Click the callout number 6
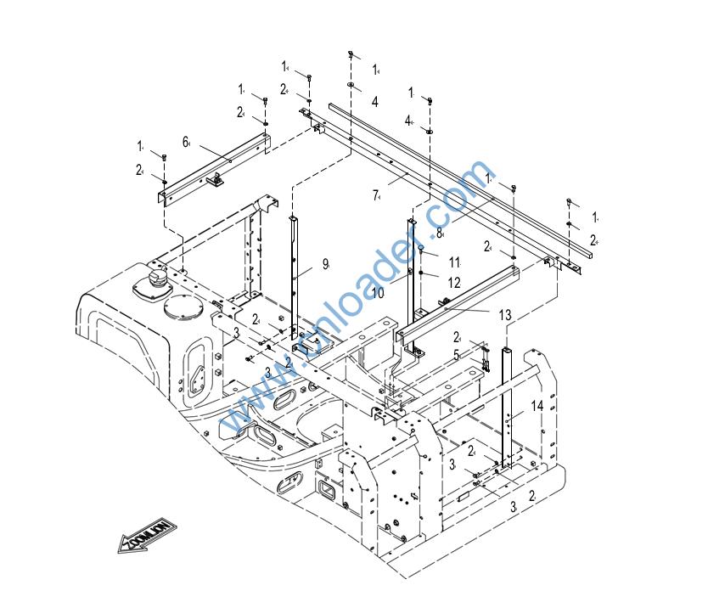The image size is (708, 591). point(185,141)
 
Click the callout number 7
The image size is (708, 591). point(375,195)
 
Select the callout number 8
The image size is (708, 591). point(440,232)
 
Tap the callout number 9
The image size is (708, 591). point(324,264)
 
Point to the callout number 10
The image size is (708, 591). point(378,292)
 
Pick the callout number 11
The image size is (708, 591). point(454,262)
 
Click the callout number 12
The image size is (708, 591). point(454,282)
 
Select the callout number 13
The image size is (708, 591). point(505,315)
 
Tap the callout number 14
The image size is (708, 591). point(537,406)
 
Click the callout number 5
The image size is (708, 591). point(456,355)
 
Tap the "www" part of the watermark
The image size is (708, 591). point(249,406)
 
